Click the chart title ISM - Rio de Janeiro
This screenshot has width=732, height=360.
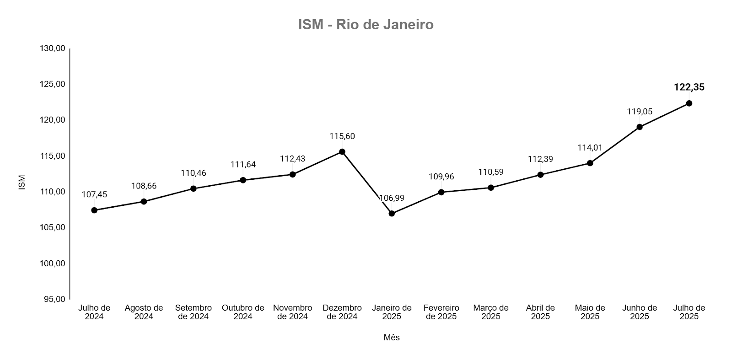[x=366, y=24]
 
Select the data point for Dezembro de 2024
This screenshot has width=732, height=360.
[x=342, y=152]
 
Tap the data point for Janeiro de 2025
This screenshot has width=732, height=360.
[x=392, y=214]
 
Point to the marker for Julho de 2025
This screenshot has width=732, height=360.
[x=689, y=103]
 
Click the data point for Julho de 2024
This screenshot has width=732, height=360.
[x=94, y=210]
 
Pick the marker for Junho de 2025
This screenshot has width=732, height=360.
[x=640, y=127]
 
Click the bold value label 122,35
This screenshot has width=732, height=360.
[x=689, y=87]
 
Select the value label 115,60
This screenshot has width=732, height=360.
[x=342, y=136]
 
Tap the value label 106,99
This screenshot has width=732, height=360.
[x=392, y=198]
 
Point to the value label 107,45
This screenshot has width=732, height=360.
[x=94, y=194]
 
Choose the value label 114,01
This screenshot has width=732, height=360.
[x=590, y=148]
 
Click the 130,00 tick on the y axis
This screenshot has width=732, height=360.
[x=53, y=48]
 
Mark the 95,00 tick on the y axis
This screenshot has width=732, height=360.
[x=54, y=299]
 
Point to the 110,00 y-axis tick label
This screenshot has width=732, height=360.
[x=53, y=192]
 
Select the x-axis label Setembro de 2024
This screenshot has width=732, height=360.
[x=193, y=312]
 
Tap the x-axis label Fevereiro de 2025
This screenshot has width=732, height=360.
[x=441, y=312]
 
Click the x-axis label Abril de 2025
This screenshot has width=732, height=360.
[x=540, y=312]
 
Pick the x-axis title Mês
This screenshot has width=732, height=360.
[x=392, y=338]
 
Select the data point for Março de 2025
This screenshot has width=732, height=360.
[x=491, y=188]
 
